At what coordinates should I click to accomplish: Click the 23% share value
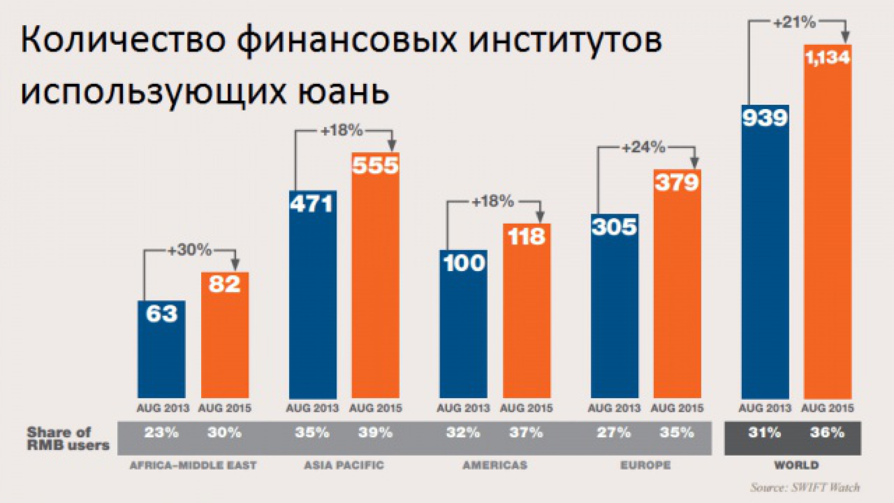tap(161, 433)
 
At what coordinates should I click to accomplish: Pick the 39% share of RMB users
tap(376, 433)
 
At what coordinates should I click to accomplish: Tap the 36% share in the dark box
tap(828, 433)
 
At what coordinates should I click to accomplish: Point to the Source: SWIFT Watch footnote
tap(805, 487)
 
